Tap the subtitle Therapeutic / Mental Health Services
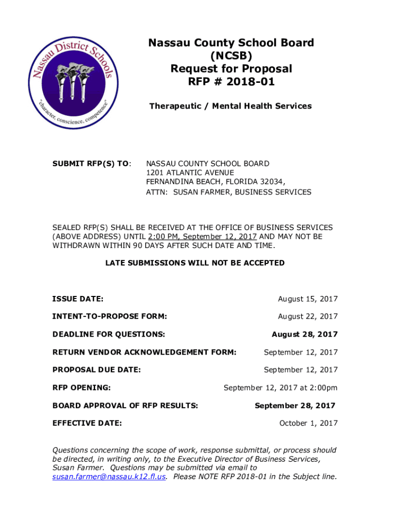click(x=230, y=106)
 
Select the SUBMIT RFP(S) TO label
click(x=92, y=164)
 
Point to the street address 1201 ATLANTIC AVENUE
click(x=190, y=173)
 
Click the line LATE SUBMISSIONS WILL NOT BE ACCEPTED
click(x=195, y=263)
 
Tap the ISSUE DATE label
click(x=78, y=299)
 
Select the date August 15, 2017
click(x=308, y=299)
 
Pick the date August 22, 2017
click(x=308, y=317)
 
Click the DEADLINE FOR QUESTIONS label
click(x=109, y=335)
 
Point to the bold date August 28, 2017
click(x=304, y=335)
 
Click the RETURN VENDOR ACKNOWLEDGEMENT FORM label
click(x=145, y=353)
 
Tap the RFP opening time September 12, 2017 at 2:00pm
click(x=280, y=388)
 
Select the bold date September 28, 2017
click(x=295, y=406)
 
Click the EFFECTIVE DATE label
click(x=87, y=424)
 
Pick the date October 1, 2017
click(x=308, y=424)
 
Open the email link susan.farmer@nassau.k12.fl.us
click(x=109, y=477)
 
